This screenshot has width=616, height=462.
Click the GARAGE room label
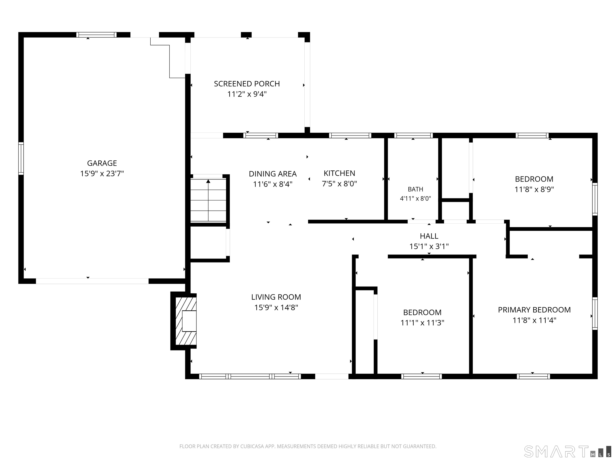[x=102, y=163]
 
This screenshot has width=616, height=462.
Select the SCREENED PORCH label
[x=247, y=84]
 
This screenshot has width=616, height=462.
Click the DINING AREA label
[x=273, y=174]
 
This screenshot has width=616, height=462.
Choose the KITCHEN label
[x=339, y=173]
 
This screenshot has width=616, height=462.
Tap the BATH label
[x=415, y=189]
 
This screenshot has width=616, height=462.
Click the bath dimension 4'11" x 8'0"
[x=415, y=199]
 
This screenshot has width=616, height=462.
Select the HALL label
[x=429, y=236]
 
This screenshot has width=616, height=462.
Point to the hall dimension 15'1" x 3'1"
[x=429, y=246]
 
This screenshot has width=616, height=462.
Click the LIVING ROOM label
[x=276, y=297]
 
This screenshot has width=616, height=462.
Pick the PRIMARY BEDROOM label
[x=534, y=310]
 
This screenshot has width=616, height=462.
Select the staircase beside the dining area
[x=208, y=200]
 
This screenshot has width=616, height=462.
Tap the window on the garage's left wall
[x=21, y=158]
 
